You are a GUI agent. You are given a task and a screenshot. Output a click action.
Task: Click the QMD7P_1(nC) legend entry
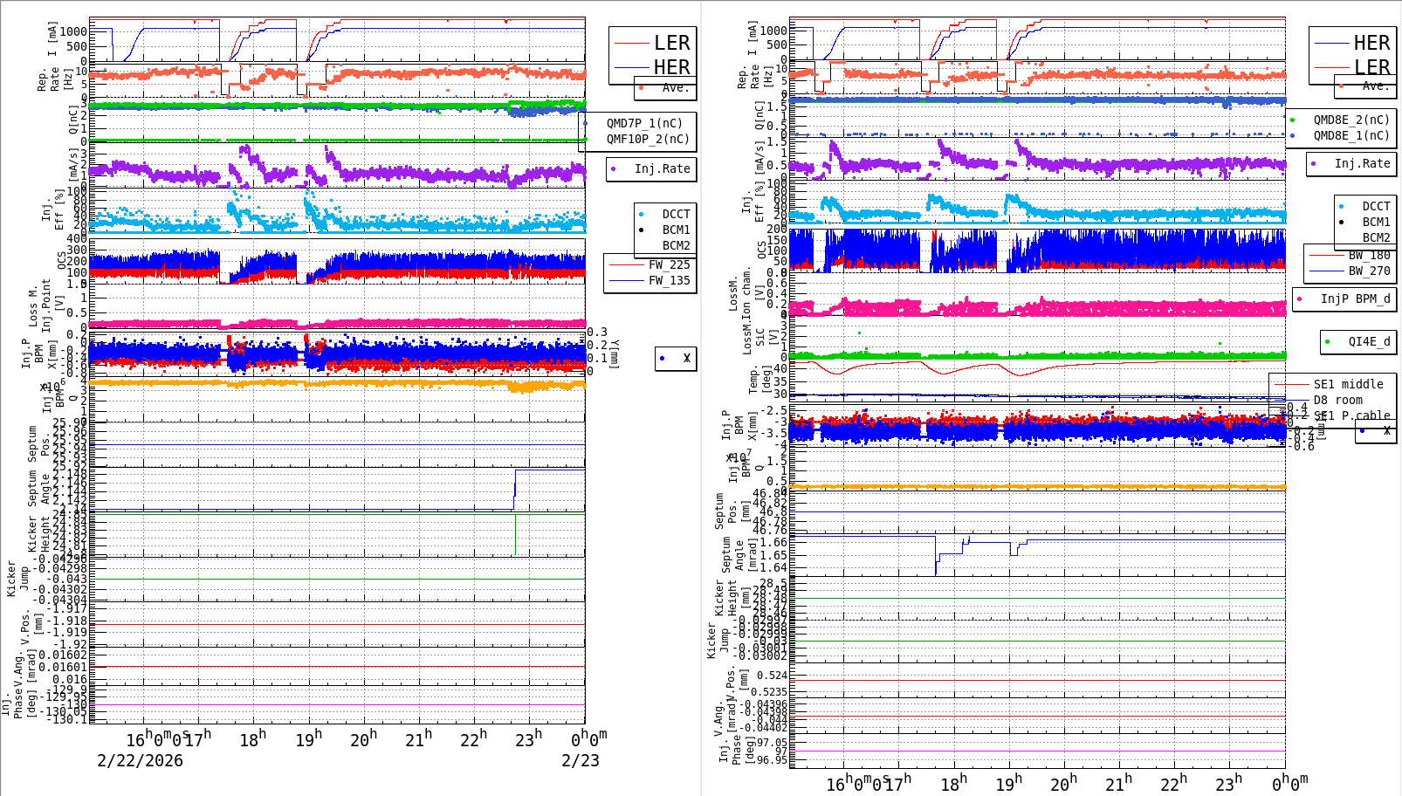tap(644, 123)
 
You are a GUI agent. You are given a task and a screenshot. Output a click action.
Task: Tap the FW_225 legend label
tap(669, 264)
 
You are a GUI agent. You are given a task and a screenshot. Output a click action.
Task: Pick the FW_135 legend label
tap(669, 280)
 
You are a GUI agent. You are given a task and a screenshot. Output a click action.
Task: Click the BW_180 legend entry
tap(1369, 255)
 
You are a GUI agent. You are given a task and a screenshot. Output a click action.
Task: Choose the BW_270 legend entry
tap(1369, 271)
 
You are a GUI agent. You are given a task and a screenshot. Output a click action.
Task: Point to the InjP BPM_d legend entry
tap(1355, 298)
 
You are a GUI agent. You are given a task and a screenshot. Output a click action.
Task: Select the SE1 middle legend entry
tap(1348, 384)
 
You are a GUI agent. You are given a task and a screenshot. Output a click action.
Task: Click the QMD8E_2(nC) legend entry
tap(1351, 120)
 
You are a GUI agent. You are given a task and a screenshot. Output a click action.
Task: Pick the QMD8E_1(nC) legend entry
tap(1351, 135)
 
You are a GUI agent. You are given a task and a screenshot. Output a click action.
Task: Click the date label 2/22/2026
tap(140, 760)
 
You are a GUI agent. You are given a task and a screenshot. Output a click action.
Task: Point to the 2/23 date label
tap(580, 760)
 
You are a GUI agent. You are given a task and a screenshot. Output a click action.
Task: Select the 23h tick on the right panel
tap(1228, 783)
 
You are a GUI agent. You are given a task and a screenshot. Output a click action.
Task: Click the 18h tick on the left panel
tap(252, 739)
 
